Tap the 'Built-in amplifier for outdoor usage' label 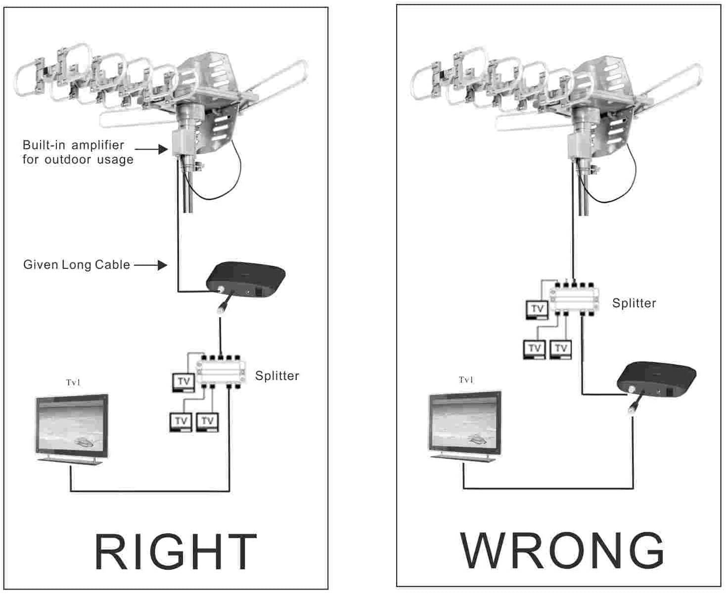coord(78,152)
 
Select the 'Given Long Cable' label coord(77,265)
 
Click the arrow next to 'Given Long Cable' coord(150,265)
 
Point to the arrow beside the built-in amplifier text coord(151,148)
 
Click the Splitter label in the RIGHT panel coord(277,376)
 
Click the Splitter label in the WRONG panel coord(634,303)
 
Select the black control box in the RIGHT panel coord(245,282)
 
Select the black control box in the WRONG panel coord(656,379)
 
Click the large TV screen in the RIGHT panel coord(72,427)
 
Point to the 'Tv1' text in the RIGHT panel coord(73,382)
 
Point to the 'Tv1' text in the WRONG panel coord(466,380)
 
